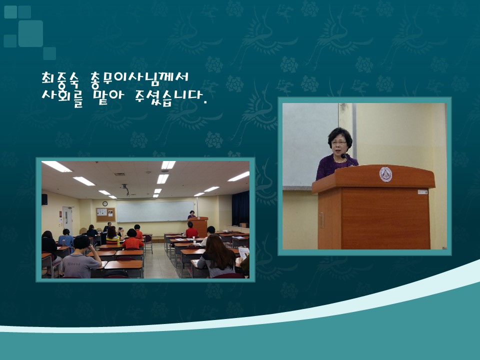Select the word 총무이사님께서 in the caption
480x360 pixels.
point(139,78)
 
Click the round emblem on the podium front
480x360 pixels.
point(385,174)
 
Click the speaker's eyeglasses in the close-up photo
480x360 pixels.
point(339,142)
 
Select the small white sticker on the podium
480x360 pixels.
point(422,192)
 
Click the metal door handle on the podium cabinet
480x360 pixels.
point(321,220)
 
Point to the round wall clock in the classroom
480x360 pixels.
point(105,204)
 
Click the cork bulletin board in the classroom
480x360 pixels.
point(105,214)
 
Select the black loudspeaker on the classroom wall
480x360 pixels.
point(44,199)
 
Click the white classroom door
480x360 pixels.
point(67,219)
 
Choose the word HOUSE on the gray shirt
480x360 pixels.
point(73,263)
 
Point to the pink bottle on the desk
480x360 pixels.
point(63,243)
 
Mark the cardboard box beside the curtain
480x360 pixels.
point(244,225)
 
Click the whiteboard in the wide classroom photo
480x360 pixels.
point(155,211)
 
